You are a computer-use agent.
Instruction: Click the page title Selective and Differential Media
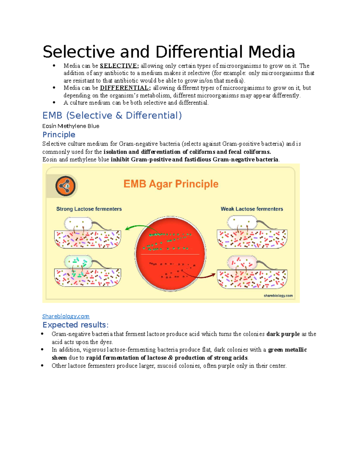169,52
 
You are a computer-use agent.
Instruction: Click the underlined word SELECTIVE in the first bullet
118,66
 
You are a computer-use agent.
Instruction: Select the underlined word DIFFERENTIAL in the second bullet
124,88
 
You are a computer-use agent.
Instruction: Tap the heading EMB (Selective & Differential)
112,116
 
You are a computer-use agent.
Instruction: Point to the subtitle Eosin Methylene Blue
71,126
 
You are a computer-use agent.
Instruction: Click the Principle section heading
59,135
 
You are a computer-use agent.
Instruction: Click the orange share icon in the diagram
65,186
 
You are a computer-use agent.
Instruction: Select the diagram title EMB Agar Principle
171,184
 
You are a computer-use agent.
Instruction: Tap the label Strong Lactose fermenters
89,209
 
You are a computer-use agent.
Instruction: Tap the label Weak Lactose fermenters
252,209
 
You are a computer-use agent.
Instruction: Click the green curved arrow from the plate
138,227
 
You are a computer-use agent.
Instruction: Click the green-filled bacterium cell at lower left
78,262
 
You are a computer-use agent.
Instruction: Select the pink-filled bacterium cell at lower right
242,263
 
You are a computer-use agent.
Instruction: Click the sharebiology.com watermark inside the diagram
278,296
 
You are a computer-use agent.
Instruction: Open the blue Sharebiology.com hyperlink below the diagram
66,316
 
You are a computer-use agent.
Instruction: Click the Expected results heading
75,325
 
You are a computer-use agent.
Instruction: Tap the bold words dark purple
283,334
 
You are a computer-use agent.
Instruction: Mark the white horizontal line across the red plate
170,254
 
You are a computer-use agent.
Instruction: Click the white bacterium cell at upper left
78,224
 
